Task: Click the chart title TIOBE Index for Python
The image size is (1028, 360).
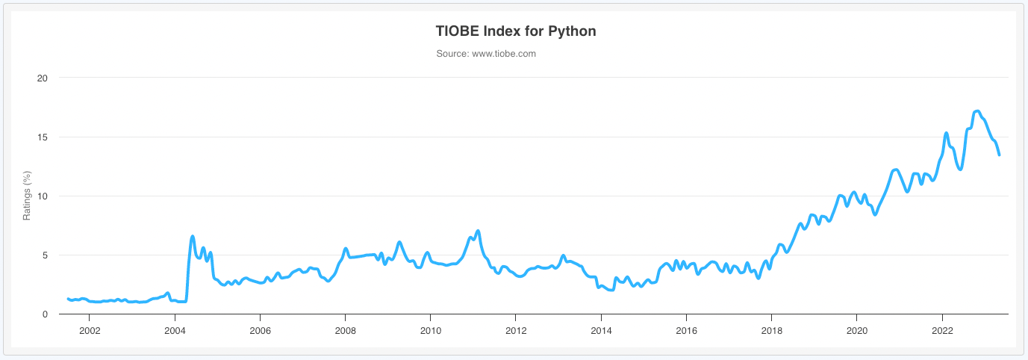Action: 515,31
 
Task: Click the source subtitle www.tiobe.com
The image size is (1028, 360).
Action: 486,54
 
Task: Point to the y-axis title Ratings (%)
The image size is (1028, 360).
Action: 27,196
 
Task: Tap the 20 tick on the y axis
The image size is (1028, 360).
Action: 43,78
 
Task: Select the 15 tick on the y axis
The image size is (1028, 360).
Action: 43,137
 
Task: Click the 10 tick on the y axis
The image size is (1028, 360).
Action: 43,196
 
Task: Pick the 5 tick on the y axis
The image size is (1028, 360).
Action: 45,255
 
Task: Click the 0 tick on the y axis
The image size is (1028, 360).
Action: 45,314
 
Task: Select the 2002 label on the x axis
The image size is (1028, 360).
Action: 90,329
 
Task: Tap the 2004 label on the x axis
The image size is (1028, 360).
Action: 175,329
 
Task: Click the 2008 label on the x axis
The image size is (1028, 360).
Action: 345,329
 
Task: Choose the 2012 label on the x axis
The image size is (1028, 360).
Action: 516,329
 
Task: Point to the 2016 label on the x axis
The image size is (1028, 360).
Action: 686,329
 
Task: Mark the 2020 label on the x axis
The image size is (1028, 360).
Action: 857,329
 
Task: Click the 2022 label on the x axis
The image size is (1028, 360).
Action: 942,329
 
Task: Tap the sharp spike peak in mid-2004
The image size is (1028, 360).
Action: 193,236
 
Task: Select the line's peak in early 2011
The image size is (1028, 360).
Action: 478,231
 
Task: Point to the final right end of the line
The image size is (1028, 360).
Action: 999,155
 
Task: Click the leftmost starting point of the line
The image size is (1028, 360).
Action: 68,299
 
